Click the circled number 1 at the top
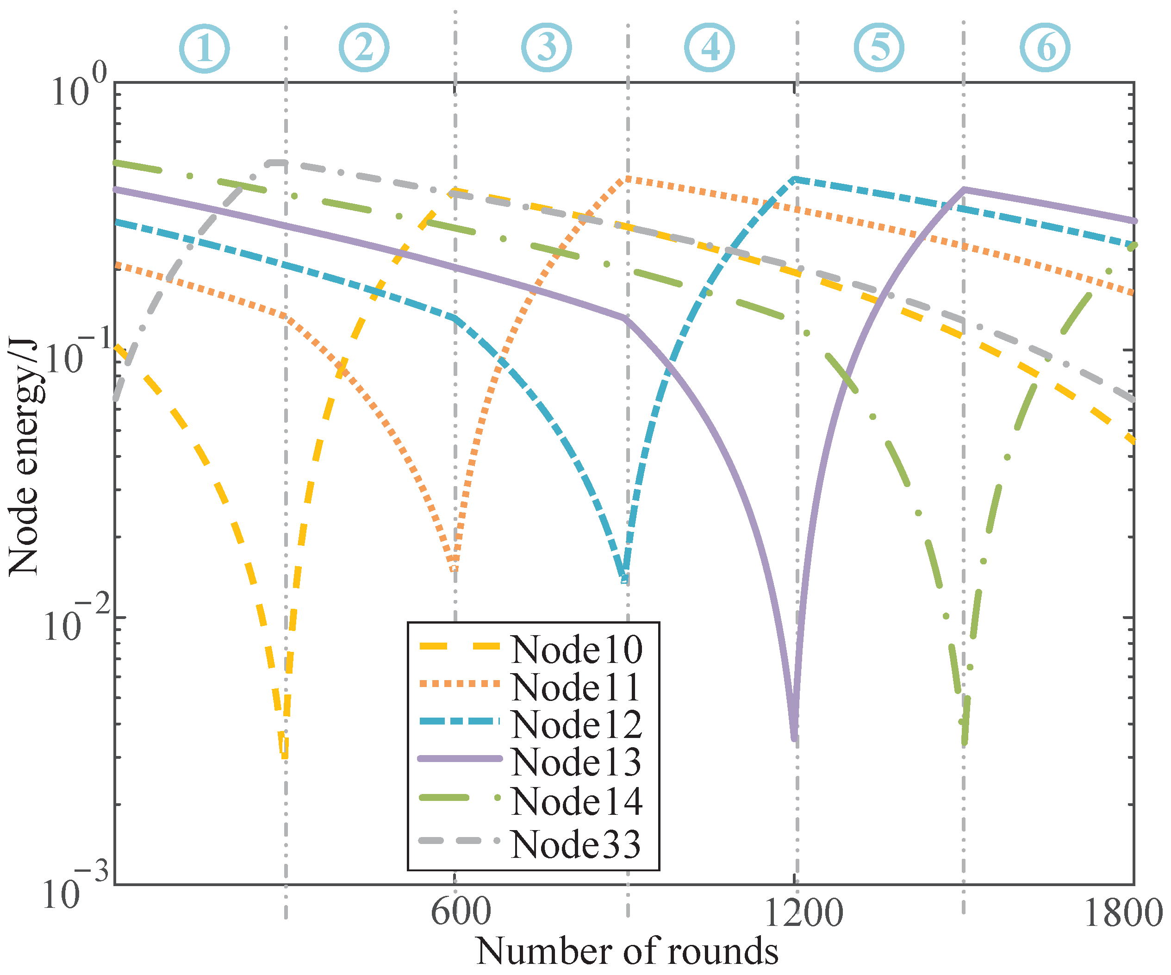click(204, 49)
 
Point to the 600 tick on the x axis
click(461, 913)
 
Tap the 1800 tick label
click(1122, 913)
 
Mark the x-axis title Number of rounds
click(627, 951)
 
